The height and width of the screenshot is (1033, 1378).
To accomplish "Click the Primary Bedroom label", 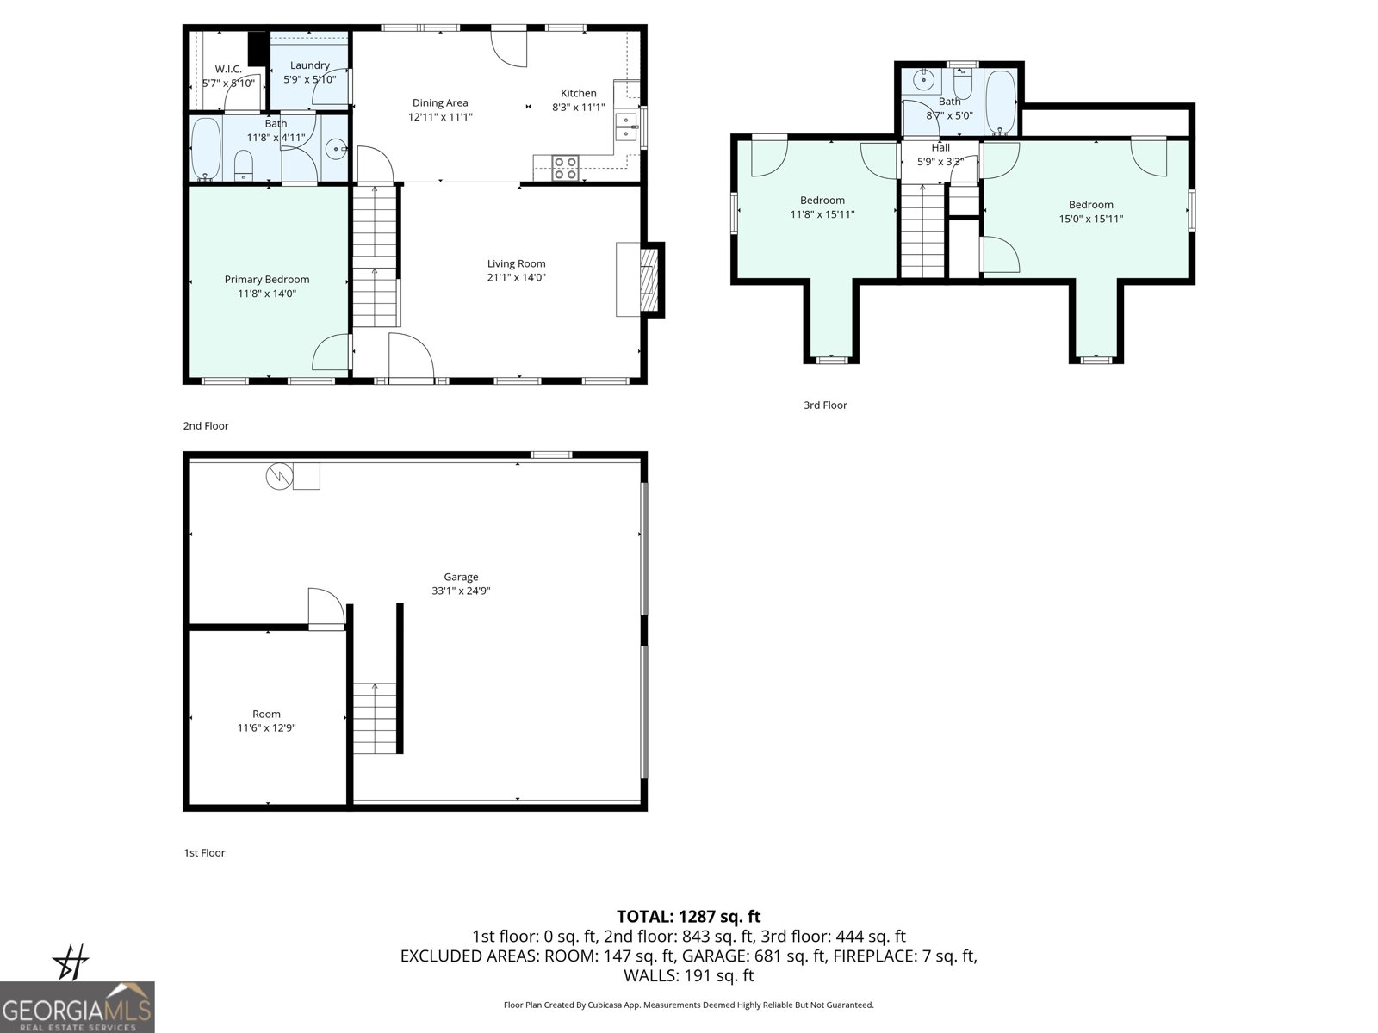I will [x=267, y=279].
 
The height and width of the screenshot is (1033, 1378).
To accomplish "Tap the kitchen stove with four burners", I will [x=565, y=167].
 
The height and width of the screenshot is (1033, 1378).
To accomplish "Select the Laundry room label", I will [x=310, y=65].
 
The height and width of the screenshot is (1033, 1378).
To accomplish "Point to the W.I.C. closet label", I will [x=228, y=69].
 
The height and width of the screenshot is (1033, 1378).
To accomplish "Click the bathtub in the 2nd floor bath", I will [x=206, y=148].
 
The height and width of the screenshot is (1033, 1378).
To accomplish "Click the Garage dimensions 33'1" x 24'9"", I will [x=461, y=591].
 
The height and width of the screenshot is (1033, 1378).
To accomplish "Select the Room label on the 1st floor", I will [x=267, y=714].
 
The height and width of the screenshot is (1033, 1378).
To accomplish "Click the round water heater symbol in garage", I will [x=279, y=476].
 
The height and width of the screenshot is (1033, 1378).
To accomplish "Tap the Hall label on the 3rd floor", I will [x=940, y=147].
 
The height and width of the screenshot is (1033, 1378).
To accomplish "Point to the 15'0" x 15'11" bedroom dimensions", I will [x=1091, y=219].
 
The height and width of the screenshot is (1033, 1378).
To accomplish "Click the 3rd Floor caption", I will [x=825, y=405].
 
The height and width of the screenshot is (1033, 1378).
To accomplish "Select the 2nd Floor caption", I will [x=206, y=425].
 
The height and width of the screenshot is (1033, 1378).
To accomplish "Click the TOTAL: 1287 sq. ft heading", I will [x=688, y=917].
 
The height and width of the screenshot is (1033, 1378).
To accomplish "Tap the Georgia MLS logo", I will [x=78, y=1007].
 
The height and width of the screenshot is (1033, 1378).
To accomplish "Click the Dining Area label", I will [x=440, y=102].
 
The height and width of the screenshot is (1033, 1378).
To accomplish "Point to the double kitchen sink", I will [x=626, y=127].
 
